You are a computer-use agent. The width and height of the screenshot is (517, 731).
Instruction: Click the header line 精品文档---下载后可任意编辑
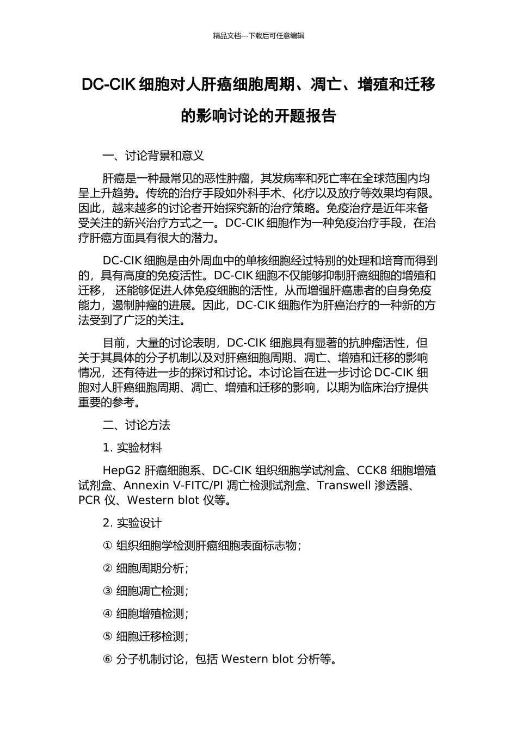[258, 36]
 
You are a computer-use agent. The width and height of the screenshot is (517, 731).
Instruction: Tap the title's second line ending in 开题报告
[258, 116]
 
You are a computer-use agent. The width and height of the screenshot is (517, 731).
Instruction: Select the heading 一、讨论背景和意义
[153, 156]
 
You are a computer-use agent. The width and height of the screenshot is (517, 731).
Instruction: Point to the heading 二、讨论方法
[136, 425]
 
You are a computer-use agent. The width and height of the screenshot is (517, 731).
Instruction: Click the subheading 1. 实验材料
[132, 448]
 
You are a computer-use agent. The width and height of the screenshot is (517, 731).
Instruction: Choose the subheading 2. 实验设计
[132, 523]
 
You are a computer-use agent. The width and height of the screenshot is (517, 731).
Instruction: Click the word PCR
[89, 500]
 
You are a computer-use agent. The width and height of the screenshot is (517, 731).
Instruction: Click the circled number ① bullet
[107, 546]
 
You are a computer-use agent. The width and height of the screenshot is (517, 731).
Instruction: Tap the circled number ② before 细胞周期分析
[107, 568]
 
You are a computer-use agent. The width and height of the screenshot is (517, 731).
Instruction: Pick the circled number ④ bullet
[107, 614]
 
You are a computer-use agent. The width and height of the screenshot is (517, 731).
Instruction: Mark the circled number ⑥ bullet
[107, 659]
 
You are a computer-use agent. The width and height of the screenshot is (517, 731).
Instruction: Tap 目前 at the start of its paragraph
[113, 343]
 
